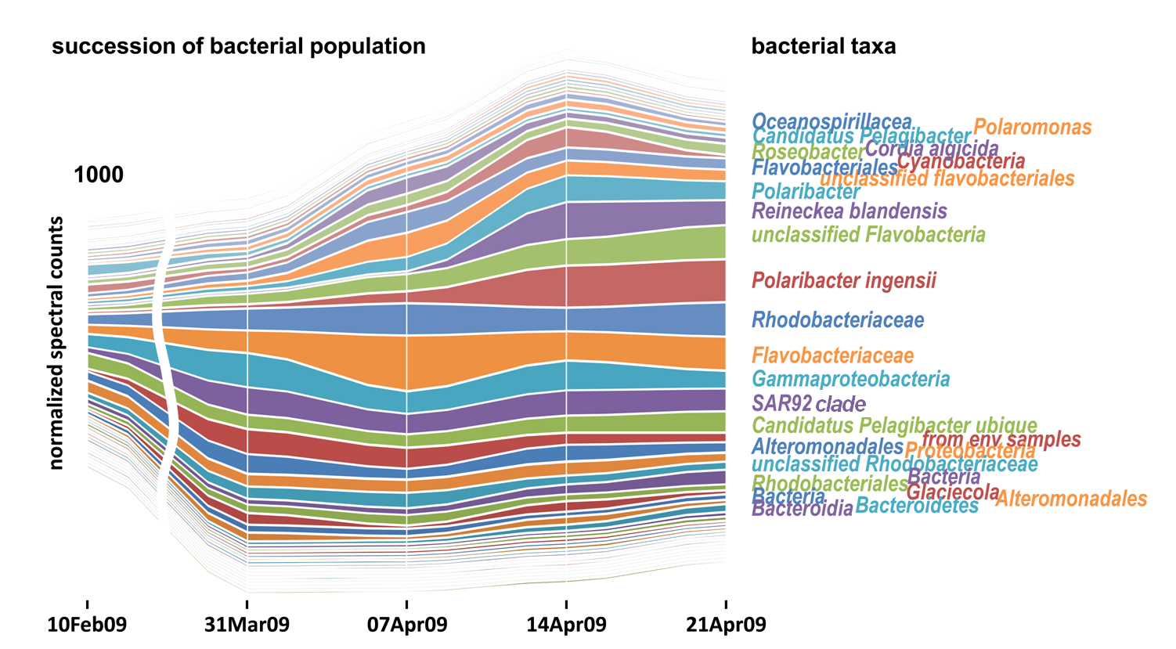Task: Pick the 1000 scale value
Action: point(99,175)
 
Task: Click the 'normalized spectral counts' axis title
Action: point(56,343)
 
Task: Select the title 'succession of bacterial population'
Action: point(239,46)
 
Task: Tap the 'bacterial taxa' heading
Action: point(824,46)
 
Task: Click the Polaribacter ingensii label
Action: point(844,280)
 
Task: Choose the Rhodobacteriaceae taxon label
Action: point(838,319)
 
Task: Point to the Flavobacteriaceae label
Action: point(833,355)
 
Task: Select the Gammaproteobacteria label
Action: point(851,380)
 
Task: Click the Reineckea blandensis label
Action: point(850,211)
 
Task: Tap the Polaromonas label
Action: point(1033,127)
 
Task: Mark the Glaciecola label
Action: point(953,492)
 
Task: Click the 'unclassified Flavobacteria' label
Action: point(868,234)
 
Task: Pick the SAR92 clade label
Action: point(809,404)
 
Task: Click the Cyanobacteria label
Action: point(961,161)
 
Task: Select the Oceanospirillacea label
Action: point(831,122)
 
